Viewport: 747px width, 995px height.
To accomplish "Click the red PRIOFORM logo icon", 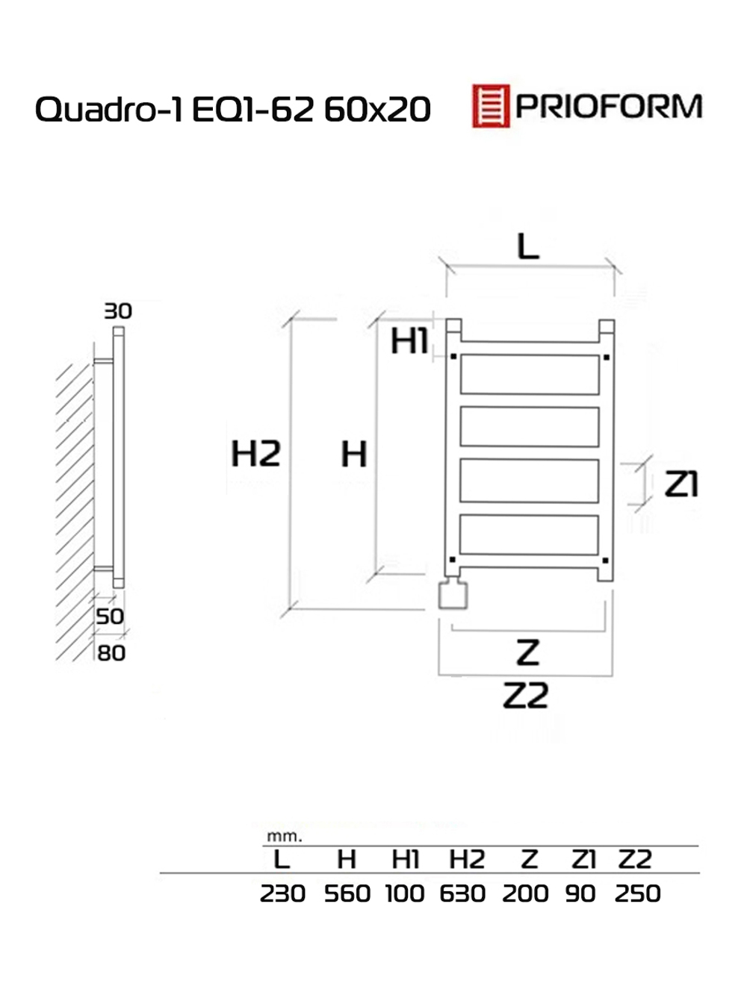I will point(490,106).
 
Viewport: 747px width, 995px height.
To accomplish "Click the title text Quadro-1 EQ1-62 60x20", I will point(232,110).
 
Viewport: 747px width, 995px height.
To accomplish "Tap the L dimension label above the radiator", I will point(528,246).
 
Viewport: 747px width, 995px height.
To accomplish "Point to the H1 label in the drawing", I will point(409,342).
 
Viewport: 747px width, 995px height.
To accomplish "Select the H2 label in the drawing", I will point(255,454).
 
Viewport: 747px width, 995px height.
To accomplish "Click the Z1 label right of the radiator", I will point(681,484).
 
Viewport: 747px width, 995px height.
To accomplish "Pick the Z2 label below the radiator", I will point(526,696).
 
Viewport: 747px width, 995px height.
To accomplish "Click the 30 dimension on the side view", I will point(117,311).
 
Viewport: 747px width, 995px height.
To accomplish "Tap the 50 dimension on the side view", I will point(110,617).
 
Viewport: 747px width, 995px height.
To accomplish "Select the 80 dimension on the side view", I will point(111,653).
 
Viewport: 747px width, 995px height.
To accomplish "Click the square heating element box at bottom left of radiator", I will point(453,595).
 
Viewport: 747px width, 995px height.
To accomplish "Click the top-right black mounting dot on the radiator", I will point(606,358).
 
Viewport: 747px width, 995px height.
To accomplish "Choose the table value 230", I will point(282,893).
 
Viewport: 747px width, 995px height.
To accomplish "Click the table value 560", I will point(347,893).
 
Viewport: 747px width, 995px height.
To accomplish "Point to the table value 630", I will point(462,893).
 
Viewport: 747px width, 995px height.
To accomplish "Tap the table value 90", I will point(580,893).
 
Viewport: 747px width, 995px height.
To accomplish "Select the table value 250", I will point(637,893).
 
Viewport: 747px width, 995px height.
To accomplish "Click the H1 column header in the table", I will point(406,860).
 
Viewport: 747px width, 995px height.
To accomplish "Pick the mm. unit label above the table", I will point(284,837).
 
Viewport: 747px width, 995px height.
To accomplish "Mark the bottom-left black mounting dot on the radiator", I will point(452,559).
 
